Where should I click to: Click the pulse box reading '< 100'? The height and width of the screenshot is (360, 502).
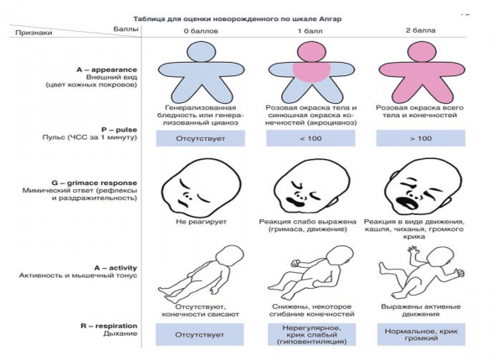click(311, 137)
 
